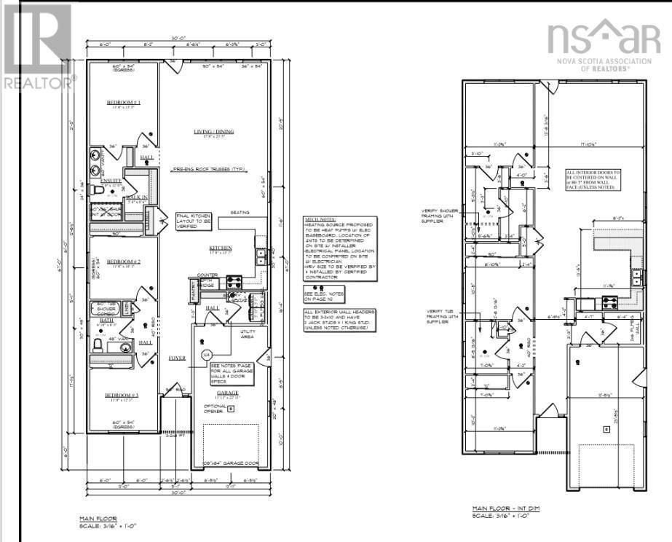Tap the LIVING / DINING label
click(x=210, y=132)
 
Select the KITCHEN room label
click(x=221, y=247)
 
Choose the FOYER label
click(x=177, y=358)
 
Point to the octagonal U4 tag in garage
click(x=206, y=354)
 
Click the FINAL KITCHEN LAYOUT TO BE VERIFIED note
click(x=194, y=221)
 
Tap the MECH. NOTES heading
click(x=320, y=218)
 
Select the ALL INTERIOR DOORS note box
click(x=593, y=179)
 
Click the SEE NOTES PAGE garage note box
click(x=231, y=374)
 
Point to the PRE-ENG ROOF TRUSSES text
click(x=207, y=169)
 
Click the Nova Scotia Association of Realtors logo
click(x=604, y=45)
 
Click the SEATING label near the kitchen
click(x=240, y=213)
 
